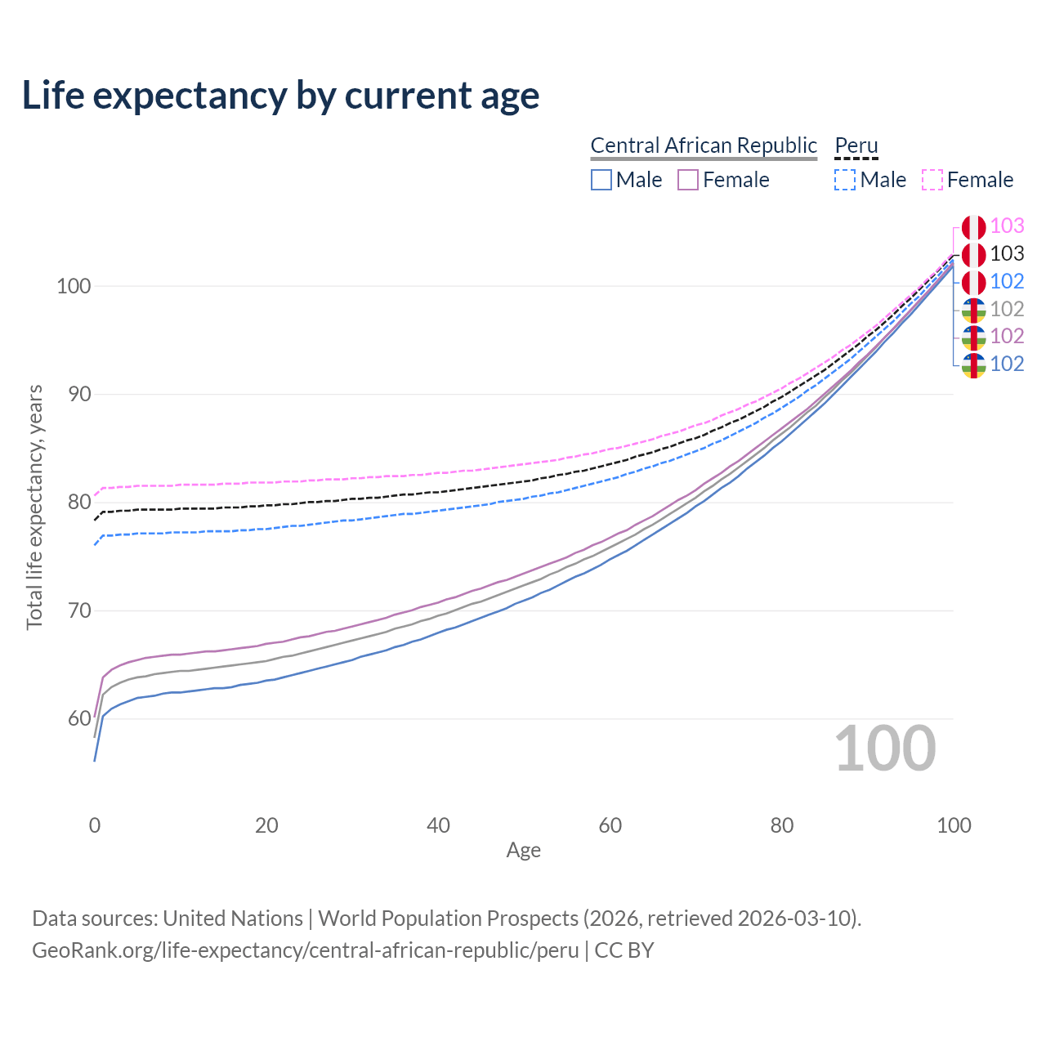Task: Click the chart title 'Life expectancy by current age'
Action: pos(280,96)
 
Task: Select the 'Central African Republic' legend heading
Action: pos(703,145)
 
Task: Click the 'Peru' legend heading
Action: pos(856,145)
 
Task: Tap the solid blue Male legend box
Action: pos(601,180)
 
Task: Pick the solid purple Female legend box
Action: pos(688,180)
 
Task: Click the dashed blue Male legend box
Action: pos(845,180)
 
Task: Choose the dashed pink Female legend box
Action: pos(932,180)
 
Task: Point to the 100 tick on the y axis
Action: pos(73,286)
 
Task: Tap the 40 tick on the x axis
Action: pos(439,825)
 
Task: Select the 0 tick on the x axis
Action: pos(95,825)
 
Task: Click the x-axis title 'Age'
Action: pos(523,851)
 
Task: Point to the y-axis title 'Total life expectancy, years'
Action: pos(34,507)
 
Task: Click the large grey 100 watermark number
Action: pos(885,749)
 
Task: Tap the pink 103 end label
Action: pos(1007,226)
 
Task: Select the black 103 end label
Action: pos(1007,254)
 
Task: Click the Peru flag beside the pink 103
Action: pos(973,227)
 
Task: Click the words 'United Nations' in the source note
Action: pos(233,919)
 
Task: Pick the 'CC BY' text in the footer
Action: pos(624,950)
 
